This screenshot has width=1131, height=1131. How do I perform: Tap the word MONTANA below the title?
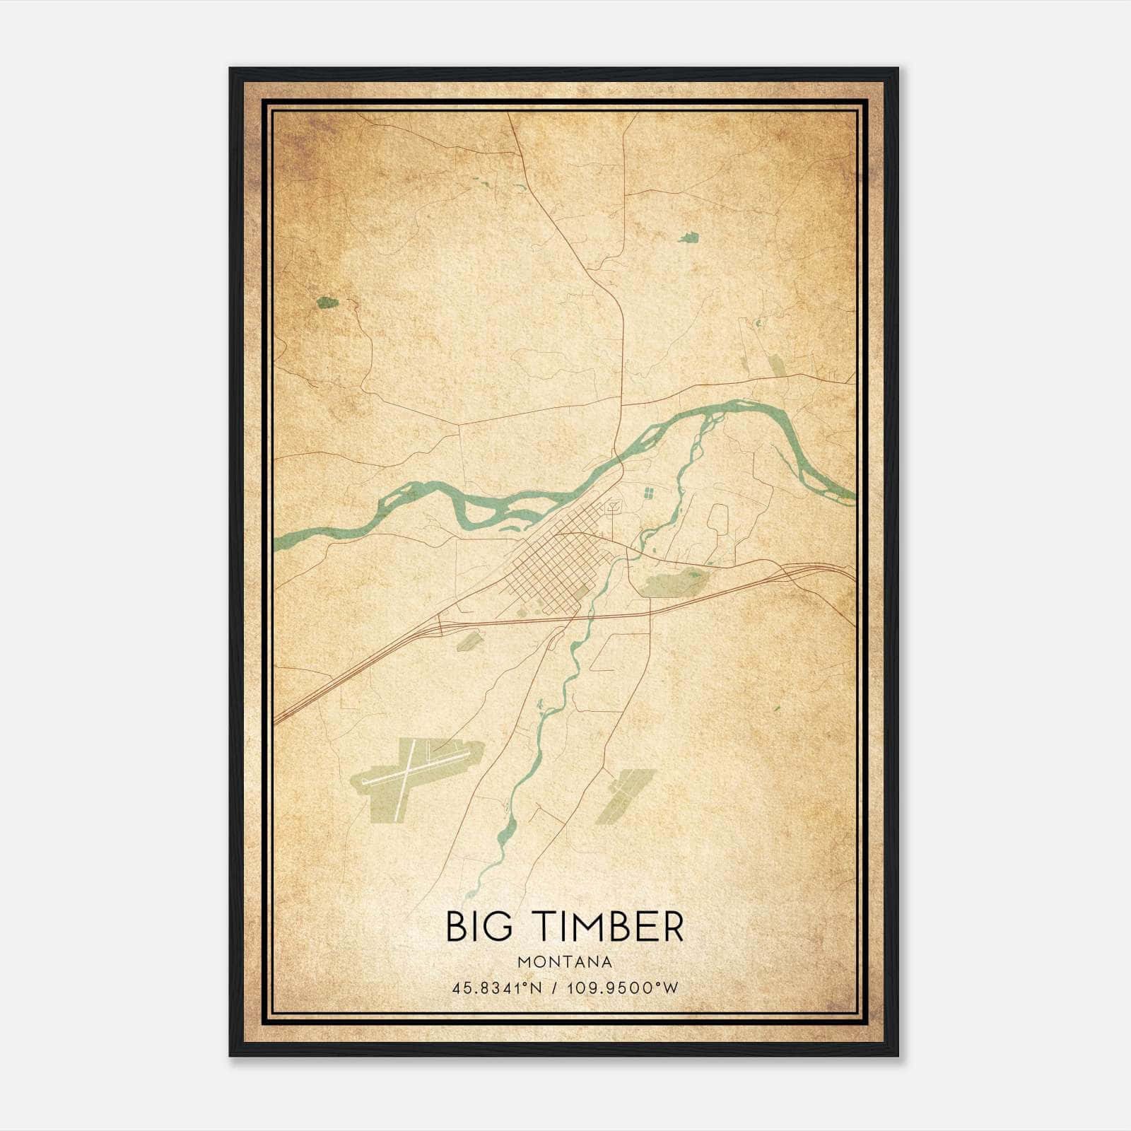[565, 962]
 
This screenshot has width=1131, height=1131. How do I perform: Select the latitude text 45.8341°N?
[497, 988]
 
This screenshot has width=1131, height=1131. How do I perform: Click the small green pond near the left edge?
[327, 303]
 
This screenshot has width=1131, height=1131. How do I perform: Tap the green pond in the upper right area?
[688, 238]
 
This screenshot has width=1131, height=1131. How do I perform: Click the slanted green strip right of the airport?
[622, 795]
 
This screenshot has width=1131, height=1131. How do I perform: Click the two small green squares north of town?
[648, 492]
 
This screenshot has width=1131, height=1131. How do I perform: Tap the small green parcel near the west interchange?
[469, 641]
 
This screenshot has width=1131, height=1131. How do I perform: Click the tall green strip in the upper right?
[777, 368]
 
